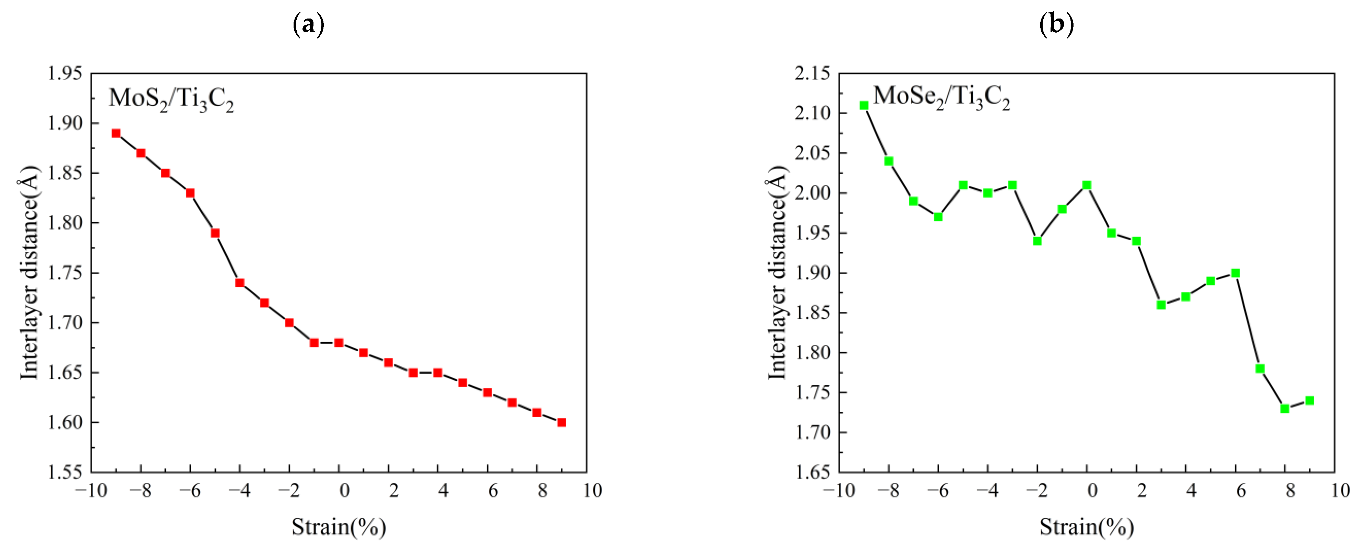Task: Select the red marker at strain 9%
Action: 561,422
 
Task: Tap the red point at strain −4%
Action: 240,283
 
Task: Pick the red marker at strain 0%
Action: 339,342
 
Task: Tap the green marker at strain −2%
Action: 1037,241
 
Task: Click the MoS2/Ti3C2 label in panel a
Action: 171,99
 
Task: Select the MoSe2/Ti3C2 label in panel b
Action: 941,97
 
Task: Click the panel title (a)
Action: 308,24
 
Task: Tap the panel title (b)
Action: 1056,24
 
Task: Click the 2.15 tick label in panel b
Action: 812,73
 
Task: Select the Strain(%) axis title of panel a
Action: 339,527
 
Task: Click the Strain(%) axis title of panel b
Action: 1086,527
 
